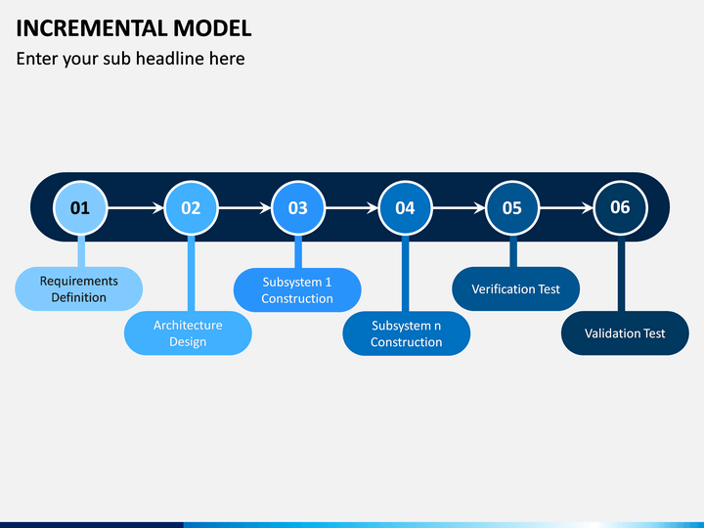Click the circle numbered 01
tap(80, 208)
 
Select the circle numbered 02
tap(191, 208)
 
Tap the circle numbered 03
tap(298, 208)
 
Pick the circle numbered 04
tap(405, 208)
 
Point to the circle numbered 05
tap(512, 208)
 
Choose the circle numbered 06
tap(621, 208)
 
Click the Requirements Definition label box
tap(79, 289)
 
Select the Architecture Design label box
tap(188, 333)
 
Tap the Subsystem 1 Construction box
tap(297, 290)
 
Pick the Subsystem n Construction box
tap(407, 333)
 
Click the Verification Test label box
tap(515, 289)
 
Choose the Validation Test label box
tap(625, 333)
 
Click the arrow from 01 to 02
tap(136, 208)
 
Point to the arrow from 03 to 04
tap(352, 208)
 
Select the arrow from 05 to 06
tap(566, 208)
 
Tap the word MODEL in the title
tap(212, 28)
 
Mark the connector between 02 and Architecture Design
tap(191, 274)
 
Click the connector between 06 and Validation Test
tap(622, 276)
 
